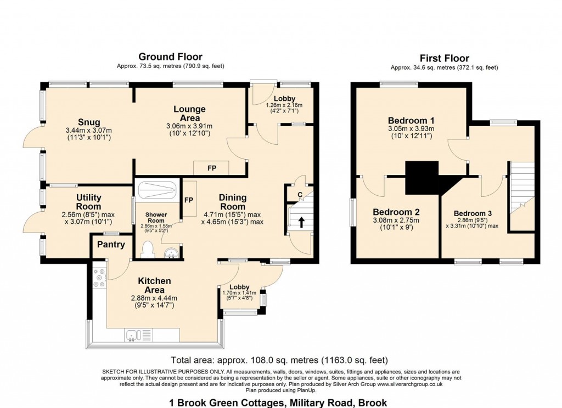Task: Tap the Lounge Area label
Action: [190, 114]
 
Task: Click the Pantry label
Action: [111, 245]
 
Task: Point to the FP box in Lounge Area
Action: [211, 168]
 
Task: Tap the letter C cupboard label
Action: [300, 194]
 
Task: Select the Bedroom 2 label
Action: [396, 212]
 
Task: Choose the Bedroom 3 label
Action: [473, 213]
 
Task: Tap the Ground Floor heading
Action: [170, 56]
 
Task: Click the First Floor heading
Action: [444, 58]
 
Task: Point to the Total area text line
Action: [280, 361]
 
